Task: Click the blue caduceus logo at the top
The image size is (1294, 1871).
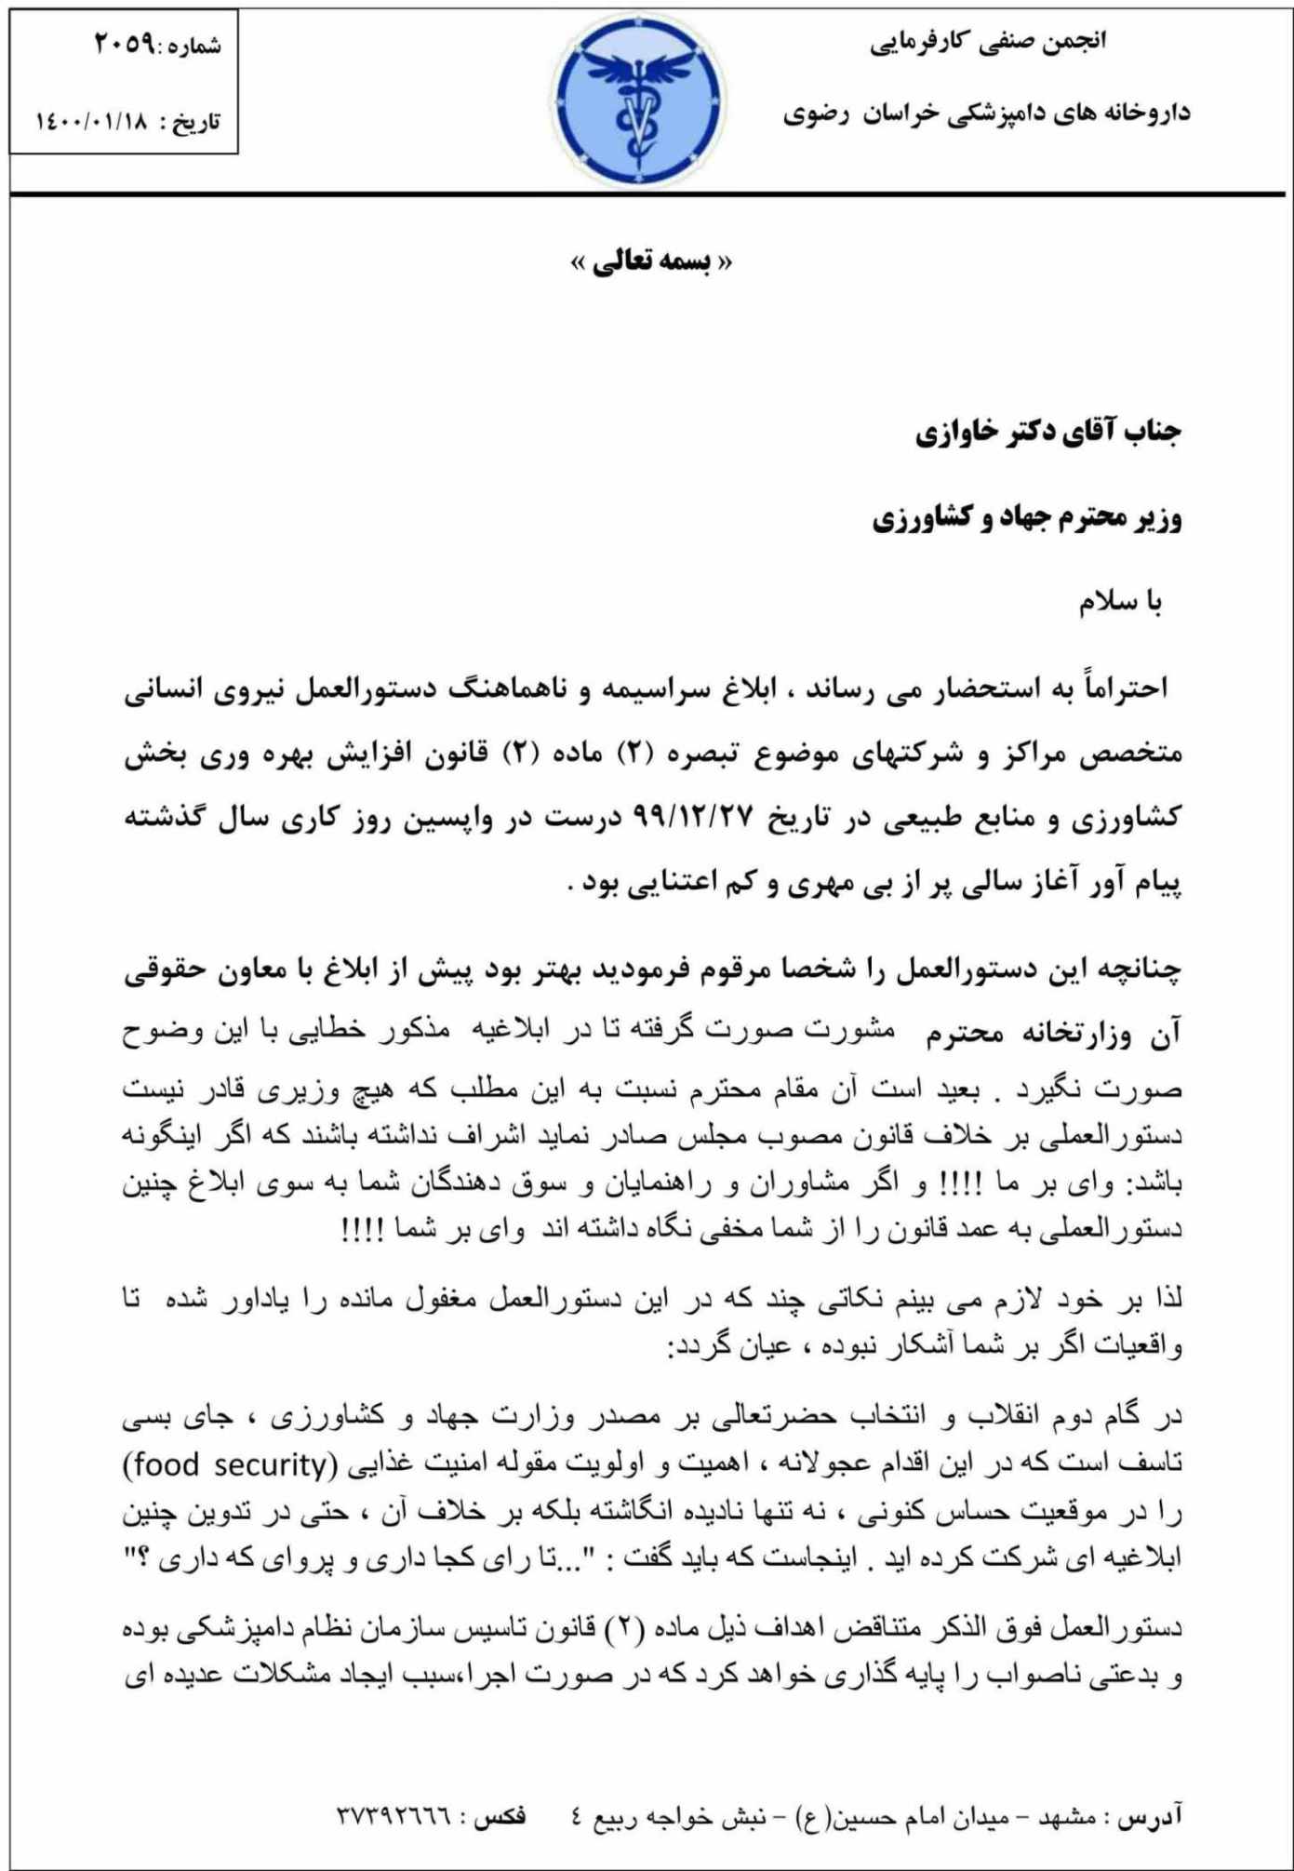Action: point(639,102)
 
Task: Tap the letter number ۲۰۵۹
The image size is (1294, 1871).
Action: point(125,44)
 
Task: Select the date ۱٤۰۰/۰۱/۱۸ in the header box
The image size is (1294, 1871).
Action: point(91,122)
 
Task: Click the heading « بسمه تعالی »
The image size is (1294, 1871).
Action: point(651,262)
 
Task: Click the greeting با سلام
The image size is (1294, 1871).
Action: point(1120,603)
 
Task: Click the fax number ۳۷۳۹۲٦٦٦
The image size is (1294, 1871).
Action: point(394,1815)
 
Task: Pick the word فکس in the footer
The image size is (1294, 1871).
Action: point(500,1815)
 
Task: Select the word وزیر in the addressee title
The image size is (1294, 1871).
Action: point(1157,518)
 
